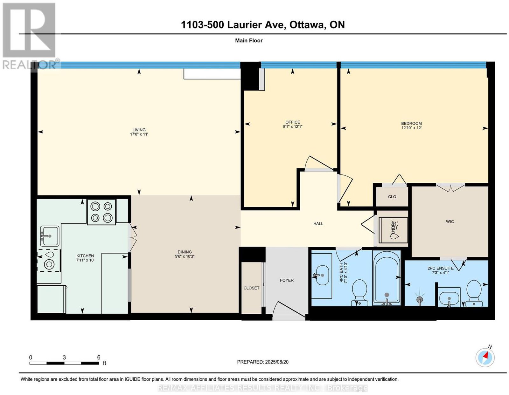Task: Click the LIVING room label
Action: tap(139, 130)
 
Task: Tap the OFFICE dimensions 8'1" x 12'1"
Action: tap(293, 126)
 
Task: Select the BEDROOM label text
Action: tap(411, 124)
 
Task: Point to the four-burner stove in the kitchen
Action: tap(101, 212)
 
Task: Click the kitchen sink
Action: tap(49, 236)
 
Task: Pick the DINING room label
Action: tap(185, 252)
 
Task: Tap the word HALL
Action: tap(318, 224)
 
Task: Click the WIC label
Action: tap(450, 221)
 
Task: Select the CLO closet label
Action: tap(392, 197)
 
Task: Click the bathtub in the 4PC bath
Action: tap(387, 278)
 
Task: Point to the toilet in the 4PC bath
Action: tap(359, 293)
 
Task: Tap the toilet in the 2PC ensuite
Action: tap(474, 293)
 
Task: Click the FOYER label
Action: tap(287, 280)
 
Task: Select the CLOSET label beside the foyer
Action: tap(251, 288)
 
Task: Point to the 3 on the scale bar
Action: tap(64, 358)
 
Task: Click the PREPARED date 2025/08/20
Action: tap(277, 362)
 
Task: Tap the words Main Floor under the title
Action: tap(249, 40)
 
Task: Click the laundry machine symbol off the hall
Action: tap(393, 230)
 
